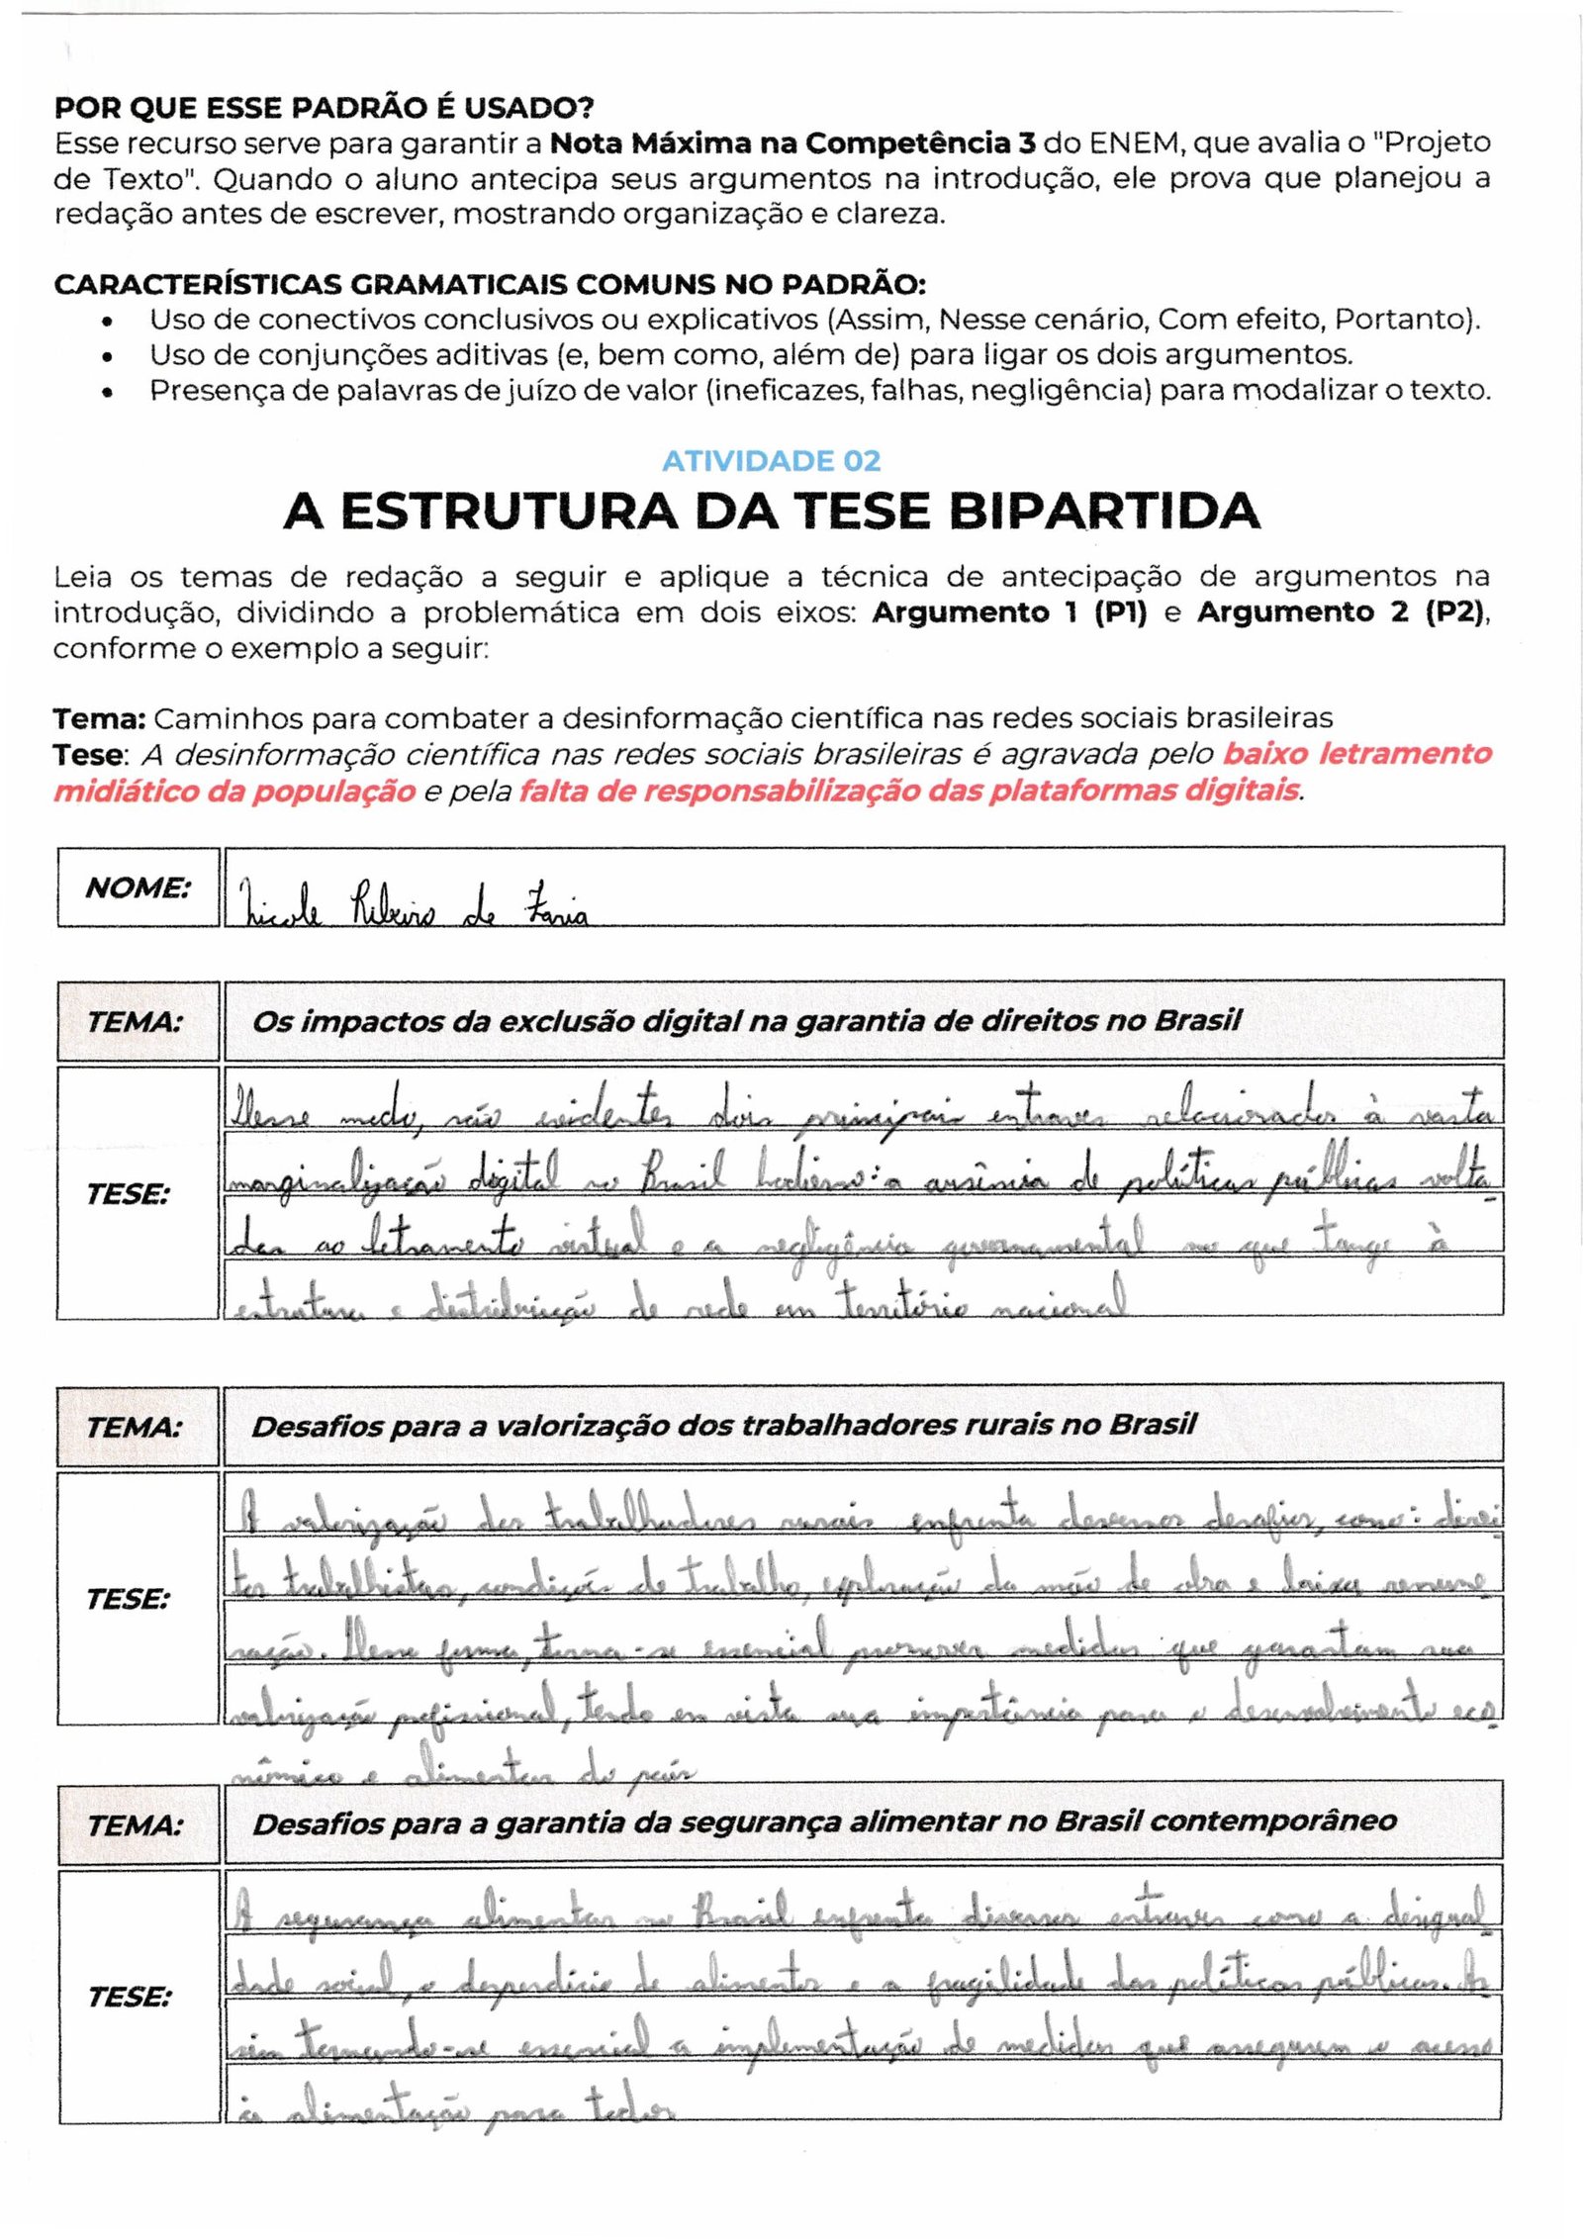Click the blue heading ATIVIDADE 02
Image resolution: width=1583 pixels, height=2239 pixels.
click(771, 461)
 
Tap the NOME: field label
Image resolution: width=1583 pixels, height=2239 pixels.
click(138, 887)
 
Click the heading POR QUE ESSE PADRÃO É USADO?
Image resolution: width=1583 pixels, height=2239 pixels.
click(324, 107)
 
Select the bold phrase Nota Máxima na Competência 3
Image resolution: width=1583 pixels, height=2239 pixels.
click(792, 143)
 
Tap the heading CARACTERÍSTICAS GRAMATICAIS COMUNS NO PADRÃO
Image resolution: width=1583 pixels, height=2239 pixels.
click(490, 285)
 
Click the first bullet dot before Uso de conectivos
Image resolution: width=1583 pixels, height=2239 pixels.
click(107, 323)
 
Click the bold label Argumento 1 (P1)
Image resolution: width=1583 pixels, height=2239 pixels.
click(1008, 612)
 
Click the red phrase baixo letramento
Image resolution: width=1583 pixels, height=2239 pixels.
click(1356, 754)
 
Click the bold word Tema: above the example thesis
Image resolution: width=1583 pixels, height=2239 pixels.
click(99, 718)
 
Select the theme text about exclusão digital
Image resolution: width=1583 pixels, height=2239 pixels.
click(746, 1021)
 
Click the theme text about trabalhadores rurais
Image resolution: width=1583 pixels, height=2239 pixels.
click(723, 1426)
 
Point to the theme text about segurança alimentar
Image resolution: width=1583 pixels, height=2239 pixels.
click(824, 1822)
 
